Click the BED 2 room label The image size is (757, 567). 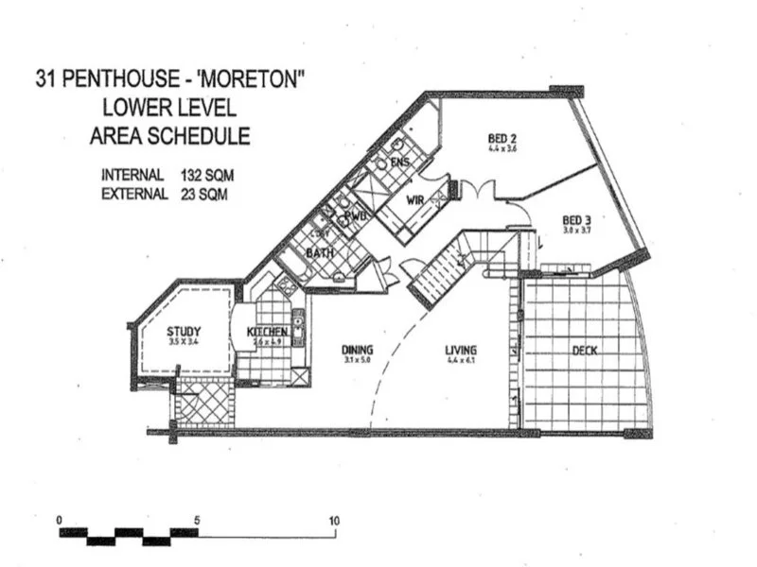[486, 138]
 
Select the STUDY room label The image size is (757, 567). [183, 331]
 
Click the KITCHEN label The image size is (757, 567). [267, 333]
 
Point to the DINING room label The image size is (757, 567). [358, 350]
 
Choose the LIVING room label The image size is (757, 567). [461, 350]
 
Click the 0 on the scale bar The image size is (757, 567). [60, 521]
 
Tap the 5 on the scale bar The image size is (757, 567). [197, 521]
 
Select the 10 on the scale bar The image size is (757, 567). [334, 521]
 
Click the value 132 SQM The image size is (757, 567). [203, 176]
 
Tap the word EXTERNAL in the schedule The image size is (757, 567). [134, 194]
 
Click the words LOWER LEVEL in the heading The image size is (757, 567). [170, 106]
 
